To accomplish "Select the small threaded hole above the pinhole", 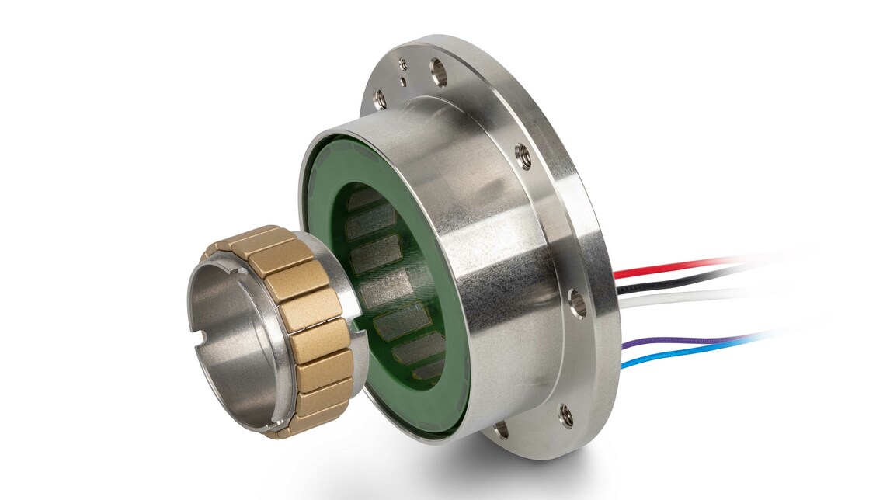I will click(x=403, y=64).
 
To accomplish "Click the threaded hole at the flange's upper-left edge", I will click(x=380, y=99).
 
